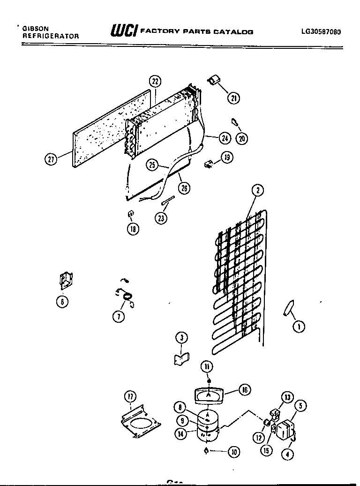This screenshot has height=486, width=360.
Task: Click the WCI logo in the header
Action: [123, 31]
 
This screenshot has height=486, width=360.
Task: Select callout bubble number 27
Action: [51, 159]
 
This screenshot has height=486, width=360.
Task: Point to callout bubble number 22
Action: [155, 81]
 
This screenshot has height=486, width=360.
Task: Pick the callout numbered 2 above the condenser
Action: [257, 190]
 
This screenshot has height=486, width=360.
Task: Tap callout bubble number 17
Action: [129, 397]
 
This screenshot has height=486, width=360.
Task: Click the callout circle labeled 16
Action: [244, 389]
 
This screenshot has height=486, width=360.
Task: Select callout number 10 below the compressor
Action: [233, 452]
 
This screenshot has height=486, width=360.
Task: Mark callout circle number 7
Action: [119, 316]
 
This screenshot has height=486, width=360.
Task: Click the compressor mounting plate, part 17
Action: [140, 422]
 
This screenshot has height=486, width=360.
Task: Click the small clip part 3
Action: [180, 359]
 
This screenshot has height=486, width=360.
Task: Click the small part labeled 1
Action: [288, 309]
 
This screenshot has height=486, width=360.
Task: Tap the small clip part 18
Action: [131, 214]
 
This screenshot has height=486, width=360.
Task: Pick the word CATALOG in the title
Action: [233, 32]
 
